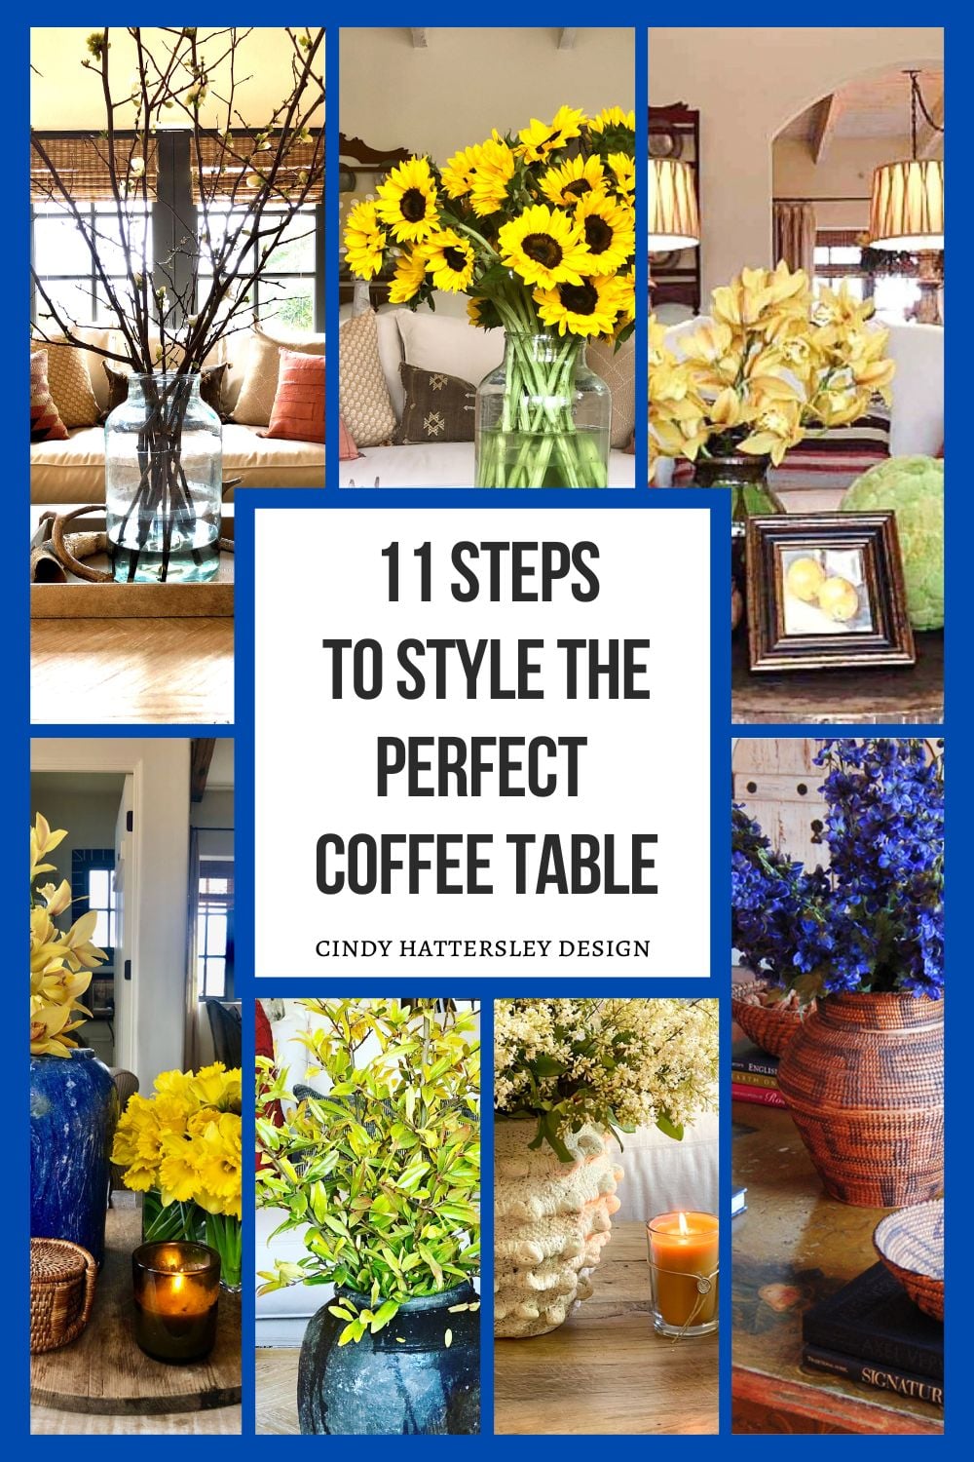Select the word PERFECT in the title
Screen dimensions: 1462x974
[x=481, y=765]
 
